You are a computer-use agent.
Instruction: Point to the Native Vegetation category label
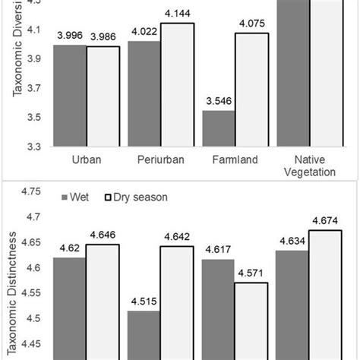coord(309,168)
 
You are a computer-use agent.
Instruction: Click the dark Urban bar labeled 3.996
coord(69,95)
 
